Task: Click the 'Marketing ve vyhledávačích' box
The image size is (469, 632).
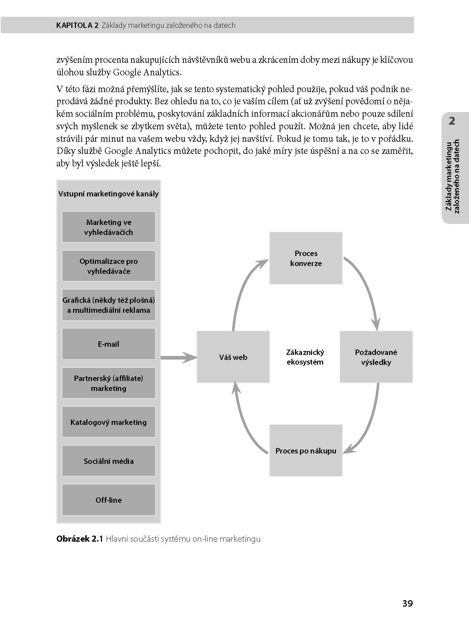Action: [108, 227]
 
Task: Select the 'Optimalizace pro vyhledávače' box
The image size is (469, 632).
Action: [108, 266]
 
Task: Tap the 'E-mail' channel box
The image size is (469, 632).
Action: [108, 344]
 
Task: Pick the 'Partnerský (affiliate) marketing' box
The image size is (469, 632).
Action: [108, 383]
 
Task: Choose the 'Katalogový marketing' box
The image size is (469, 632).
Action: [108, 422]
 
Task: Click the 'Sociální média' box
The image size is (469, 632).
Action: [108, 461]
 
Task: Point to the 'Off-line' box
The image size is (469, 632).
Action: [108, 500]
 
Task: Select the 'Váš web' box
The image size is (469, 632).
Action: [233, 357]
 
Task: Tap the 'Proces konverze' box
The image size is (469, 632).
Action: [306, 258]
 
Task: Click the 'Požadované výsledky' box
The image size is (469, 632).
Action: [376, 357]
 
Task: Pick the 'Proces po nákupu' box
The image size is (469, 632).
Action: [306, 451]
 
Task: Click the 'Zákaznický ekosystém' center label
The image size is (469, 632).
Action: [305, 357]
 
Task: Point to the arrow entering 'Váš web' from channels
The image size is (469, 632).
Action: [178, 357]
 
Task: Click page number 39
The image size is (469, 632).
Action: [407, 603]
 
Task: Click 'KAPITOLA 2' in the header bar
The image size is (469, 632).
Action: [77, 25]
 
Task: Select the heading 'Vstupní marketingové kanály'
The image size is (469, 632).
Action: [108, 194]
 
